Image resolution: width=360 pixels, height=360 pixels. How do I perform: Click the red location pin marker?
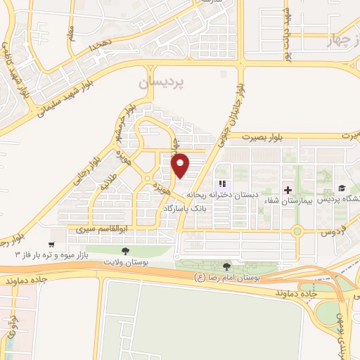pyautogui.click(x=181, y=165)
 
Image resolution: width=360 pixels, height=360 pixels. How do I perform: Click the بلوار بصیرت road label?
pyautogui.click(x=267, y=138)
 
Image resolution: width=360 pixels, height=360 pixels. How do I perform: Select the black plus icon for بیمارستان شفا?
pyautogui.click(x=287, y=188)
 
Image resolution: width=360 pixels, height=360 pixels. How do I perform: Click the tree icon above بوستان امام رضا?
pyautogui.click(x=226, y=266)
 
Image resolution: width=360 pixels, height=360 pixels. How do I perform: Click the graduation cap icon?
pyautogui.click(x=341, y=188)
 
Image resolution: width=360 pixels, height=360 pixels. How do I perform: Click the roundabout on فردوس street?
pyautogui.click(x=298, y=231)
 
